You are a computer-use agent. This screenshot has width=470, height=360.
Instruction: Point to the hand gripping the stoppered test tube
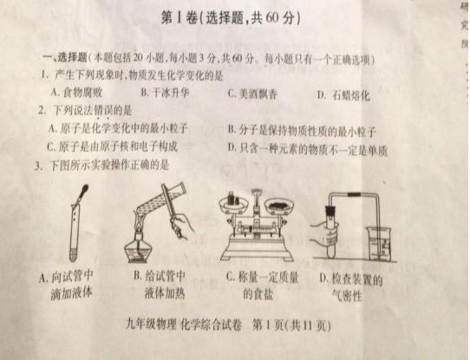coord(329,233)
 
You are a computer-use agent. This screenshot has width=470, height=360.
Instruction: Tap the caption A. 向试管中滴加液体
coord(70,285)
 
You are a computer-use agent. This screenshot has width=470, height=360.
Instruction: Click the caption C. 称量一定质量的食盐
coord(256,286)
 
